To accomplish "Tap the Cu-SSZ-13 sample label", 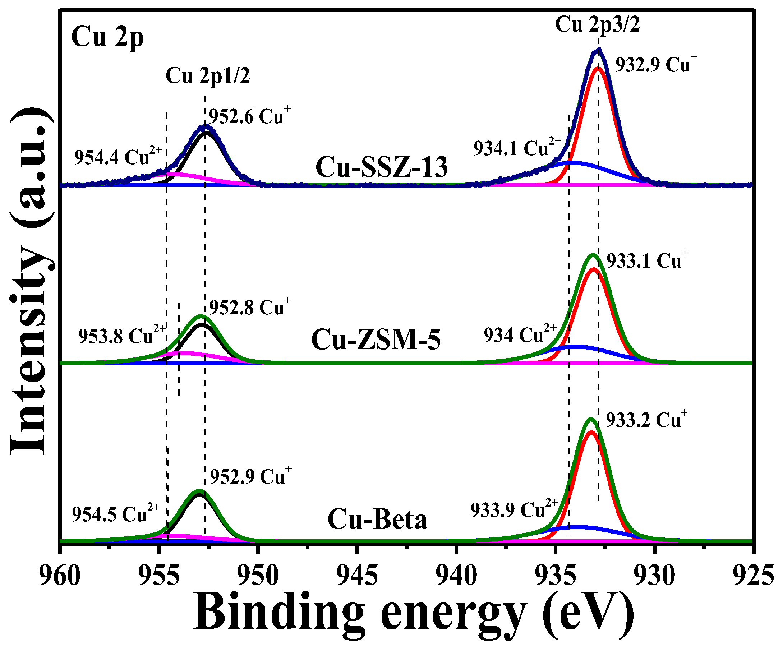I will [x=381, y=167].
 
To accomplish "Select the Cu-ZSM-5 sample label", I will [x=376, y=339].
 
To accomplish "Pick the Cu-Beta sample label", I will [x=377, y=520].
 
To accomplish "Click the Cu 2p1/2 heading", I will [x=208, y=76].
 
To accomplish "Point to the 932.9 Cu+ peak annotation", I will [x=655, y=64].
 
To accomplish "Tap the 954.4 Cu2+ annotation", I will [x=118, y=156].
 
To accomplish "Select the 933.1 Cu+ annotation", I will [x=647, y=260].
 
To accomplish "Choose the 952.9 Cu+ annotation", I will [x=250, y=476].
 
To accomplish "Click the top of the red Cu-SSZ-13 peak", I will [x=598, y=68].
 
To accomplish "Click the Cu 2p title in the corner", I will [x=107, y=37].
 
